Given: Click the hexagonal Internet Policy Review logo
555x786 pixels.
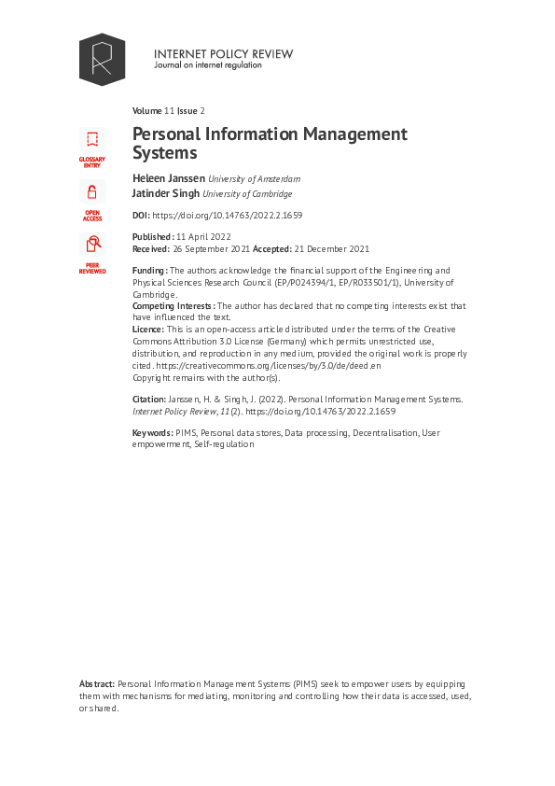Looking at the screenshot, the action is pos(102,60).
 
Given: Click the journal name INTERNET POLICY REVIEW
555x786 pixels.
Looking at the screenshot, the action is pos(223,54).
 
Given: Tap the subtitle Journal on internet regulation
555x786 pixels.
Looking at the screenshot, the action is pos(208,65).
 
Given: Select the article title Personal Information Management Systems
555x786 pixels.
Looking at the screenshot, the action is pos(270,143).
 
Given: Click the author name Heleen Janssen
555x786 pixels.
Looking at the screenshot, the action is pos(168,178).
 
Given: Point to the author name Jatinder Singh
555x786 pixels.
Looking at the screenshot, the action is pos(166,194).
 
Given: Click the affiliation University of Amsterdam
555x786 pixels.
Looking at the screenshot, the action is pos(254,179).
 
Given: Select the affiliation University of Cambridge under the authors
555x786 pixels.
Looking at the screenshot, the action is pos(249,195).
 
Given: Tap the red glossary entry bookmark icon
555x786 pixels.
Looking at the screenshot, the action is pos(92,141).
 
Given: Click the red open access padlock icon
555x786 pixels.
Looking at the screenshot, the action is pos(92,193).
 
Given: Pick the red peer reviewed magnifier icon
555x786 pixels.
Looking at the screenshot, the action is pos(92,245).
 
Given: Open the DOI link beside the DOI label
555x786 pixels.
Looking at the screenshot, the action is pos(227,216).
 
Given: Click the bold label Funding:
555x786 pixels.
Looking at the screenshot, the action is pos(150,271).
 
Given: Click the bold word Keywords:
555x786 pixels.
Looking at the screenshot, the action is pos(153,433).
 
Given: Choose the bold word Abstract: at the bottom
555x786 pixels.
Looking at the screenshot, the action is pos(97,684).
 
